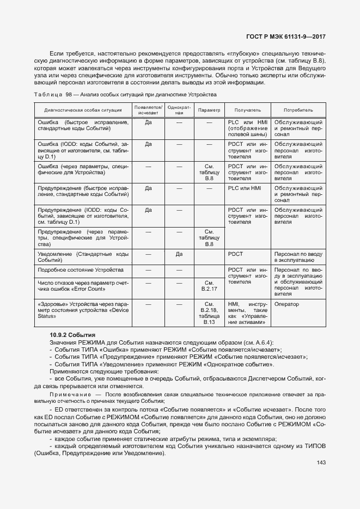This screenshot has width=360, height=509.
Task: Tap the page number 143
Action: point(320,463)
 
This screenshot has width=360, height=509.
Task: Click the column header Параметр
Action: point(209,109)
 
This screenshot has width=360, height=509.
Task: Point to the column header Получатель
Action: point(247,109)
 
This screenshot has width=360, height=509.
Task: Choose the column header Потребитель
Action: point(298,109)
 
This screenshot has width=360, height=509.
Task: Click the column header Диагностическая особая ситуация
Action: point(83,109)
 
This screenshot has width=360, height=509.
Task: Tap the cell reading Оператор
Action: point(287,304)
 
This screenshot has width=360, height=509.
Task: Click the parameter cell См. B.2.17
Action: point(209,286)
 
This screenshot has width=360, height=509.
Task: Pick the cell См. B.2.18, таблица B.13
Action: point(209,313)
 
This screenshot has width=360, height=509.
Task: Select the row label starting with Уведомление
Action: point(83,257)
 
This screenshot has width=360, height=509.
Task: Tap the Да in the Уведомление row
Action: point(179,254)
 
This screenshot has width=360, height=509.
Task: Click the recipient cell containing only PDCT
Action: point(236,254)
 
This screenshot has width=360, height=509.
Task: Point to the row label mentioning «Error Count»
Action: point(83,286)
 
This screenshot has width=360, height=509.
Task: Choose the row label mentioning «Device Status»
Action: point(83,310)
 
